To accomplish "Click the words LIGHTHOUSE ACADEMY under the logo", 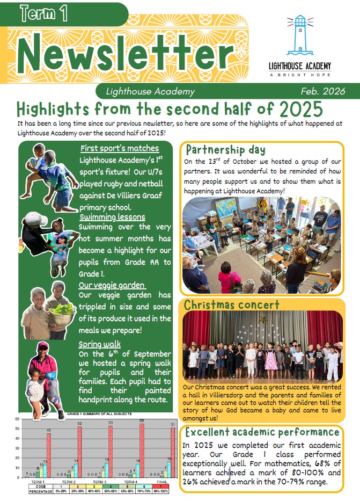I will (299, 66).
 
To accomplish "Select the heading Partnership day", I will (225, 150).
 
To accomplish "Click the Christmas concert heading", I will (232, 305).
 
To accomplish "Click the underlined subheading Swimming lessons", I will (112, 217).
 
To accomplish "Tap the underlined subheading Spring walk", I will (99, 344).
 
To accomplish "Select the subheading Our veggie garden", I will (112, 285).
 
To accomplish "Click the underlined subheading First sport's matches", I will (120, 148).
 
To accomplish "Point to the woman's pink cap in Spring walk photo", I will (43, 345).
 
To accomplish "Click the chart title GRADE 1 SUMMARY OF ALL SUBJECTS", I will (100, 415).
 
